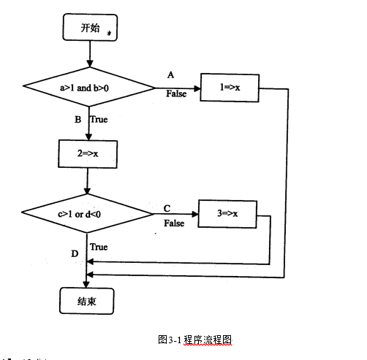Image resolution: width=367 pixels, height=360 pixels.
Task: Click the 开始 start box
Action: pyautogui.click(x=88, y=28)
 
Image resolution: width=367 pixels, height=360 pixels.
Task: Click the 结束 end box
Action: pyautogui.click(x=86, y=299)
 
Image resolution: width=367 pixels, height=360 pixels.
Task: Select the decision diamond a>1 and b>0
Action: pyautogui.click(x=88, y=88)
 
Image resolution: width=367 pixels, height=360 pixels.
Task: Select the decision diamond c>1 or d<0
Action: pyautogui.click(x=86, y=213)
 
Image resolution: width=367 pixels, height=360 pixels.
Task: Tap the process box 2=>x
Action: pyautogui.click(x=87, y=153)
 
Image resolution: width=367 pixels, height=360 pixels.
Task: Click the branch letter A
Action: pyautogui.click(x=170, y=75)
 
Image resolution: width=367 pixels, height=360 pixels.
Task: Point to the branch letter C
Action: pyautogui.click(x=167, y=207)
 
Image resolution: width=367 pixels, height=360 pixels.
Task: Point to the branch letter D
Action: pyautogui.click(x=75, y=253)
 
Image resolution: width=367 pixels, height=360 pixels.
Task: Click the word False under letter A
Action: pyautogui.click(x=175, y=94)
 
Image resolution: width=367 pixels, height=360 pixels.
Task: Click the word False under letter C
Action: pyautogui.click(x=173, y=223)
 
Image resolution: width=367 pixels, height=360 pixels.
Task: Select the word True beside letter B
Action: pyautogui.click(x=98, y=119)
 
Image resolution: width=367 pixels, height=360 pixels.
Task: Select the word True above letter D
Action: pyautogui.click(x=99, y=247)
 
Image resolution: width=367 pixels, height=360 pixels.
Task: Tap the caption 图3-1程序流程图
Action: pyautogui.click(x=194, y=340)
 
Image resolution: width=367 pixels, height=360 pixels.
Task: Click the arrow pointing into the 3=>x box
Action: pyautogui.click(x=175, y=214)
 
